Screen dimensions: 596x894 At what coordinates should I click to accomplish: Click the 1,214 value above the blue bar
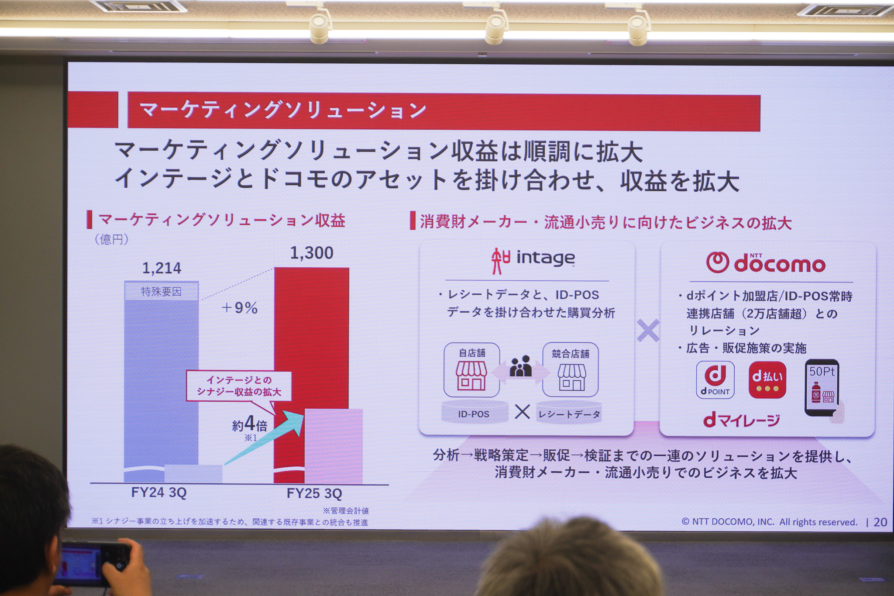click(x=162, y=268)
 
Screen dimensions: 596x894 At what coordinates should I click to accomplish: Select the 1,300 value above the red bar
click(x=312, y=253)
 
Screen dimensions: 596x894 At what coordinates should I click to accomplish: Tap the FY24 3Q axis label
click(x=159, y=493)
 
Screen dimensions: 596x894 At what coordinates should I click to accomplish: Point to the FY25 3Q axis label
click(x=314, y=493)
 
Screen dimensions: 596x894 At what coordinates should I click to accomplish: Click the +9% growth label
click(x=240, y=308)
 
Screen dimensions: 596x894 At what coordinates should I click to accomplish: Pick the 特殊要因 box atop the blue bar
click(x=161, y=292)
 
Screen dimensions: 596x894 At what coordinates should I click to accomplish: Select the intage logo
click(x=533, y=259)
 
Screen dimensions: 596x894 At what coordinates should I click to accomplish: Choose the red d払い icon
click(x=767, y=379)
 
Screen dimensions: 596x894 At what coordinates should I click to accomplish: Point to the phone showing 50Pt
click(x=822, y=387)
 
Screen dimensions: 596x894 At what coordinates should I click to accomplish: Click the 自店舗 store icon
click(x=471, y=370)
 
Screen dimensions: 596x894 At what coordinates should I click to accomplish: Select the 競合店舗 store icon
click(x=571, y=370)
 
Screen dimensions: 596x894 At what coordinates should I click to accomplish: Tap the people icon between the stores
click(x=521, y=366)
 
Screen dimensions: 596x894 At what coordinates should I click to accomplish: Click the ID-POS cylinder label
click(x=474, y=413)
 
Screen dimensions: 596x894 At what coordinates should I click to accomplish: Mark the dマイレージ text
click(x=741, y=420)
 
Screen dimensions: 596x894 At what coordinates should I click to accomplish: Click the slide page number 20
click(x=880, y=522)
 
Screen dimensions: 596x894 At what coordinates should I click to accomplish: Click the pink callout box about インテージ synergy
click(x=239, y=386)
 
